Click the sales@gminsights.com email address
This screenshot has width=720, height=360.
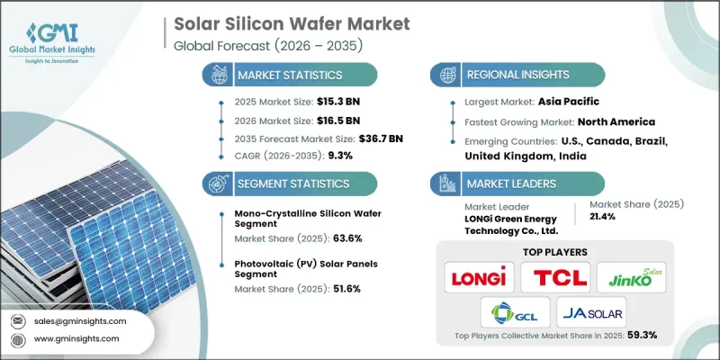point(81,320)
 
